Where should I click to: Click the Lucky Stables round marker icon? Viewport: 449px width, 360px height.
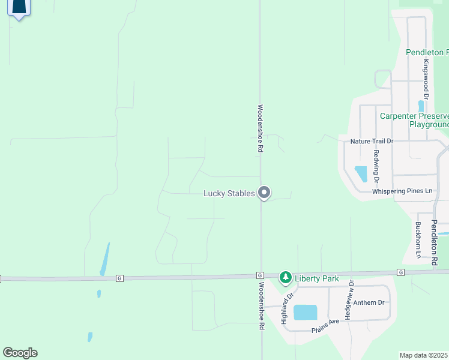pyautogui.click(x=264, y=193)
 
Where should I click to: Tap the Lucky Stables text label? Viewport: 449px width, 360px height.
pyautogui.click(x=229, y=193)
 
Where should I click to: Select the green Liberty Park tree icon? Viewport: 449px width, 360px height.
pyautogui.click(x=286, y=278)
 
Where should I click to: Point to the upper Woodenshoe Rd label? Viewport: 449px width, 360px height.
pyautogui.click(x=261, y=129)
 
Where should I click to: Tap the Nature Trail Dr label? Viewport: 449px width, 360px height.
pyautogui.click(x=372, y=142)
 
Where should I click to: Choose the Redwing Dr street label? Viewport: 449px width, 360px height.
pyautogui.click(x=376, y=165)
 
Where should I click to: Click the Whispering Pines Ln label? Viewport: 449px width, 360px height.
pyautogui.click(x=402, y=191)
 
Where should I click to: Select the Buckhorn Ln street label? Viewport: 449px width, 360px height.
pyautogui.click(x=418, y=240)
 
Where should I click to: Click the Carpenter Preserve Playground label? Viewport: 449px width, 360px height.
pyautogui.click(x=414, y=120)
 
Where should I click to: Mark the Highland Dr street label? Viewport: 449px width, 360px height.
pyautogui.click(x=288, y=308)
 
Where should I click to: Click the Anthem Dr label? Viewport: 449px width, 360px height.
pyautogui.click(x=369, y=303)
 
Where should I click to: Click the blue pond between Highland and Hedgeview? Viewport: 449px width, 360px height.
pyautogui.click(x=305, y=312)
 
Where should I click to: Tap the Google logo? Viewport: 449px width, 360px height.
pyautogui.click(x=20, y=353)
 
